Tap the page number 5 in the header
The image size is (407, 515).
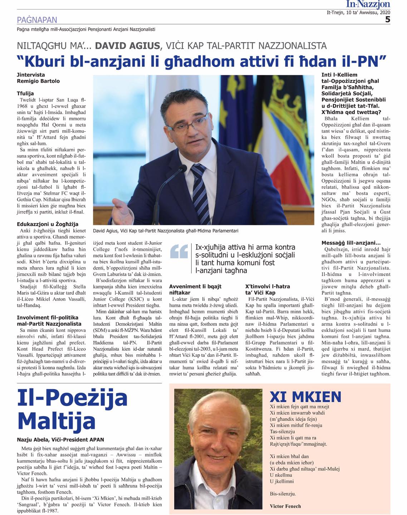tap(387, 20)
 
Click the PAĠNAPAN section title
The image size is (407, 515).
tap(37, 20)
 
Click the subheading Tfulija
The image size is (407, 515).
tap(25, 93)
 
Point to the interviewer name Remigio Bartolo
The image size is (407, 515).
tap(38, 81)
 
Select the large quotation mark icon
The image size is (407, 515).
tap(179, 251)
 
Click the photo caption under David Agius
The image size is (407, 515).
tap(165, 231)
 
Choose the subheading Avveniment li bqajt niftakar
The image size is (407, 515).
tap(195, 289)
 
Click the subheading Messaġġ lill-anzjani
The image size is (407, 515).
tap(351, 243)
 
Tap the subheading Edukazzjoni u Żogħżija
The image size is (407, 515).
tap(48, 224)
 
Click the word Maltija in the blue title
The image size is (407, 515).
tap(57, 421)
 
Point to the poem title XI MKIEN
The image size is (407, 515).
tap(305, 397)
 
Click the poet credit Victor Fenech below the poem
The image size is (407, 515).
tap(285, 506)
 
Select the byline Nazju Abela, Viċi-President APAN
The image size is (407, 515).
tap(60, 440)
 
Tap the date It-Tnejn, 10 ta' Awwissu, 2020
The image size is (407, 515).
tap(358, 12)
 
